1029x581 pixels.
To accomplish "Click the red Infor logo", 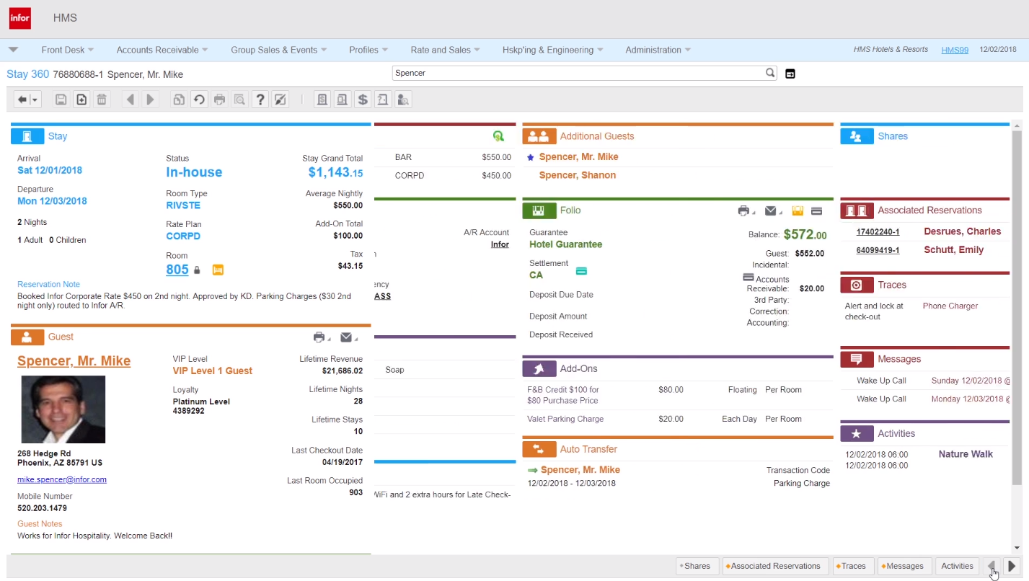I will click(x=20, y=18).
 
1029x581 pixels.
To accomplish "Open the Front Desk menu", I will click(x=67, y=50).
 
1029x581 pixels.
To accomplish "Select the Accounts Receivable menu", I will click(x=162, y=50).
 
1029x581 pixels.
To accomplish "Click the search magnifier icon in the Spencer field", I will click(x=770, y=73).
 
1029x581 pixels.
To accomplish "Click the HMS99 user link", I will click(x=955, y=50).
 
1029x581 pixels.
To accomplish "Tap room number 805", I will click(x=177, y=270).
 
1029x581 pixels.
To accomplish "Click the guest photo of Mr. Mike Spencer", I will click(x=63, y=409).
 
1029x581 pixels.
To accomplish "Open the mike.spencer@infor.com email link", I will click(x=62, y=479).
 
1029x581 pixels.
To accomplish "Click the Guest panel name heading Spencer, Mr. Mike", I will click(x=74, y=361).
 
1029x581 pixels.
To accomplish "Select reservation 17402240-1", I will click(x=878, y=231).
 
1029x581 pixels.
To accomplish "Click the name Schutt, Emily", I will click(x=953, y=250).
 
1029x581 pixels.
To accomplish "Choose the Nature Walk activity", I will click(x=966, y=454).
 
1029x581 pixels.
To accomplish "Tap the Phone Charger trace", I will click(x=950, y=306).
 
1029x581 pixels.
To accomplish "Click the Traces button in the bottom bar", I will click(x=853, y=566).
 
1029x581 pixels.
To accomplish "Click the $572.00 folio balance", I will click(x=805, y=234).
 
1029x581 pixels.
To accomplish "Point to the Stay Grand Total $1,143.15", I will click(x=335, y=172).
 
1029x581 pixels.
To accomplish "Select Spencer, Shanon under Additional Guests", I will click(x=577, y=175).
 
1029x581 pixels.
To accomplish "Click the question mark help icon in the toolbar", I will click(x=260, y=99).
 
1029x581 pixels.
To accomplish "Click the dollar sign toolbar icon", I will click(x=363, y=99).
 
